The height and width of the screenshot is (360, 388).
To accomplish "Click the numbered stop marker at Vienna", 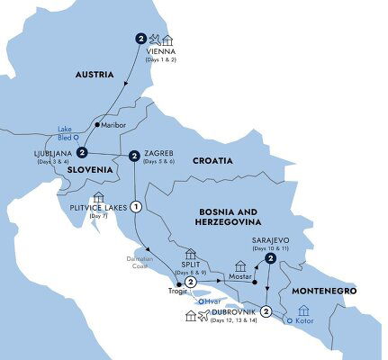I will tap(140, 38).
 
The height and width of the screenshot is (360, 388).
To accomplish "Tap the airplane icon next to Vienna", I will tap(155, 39).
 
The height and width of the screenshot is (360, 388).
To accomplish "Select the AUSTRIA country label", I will tap(92, 75).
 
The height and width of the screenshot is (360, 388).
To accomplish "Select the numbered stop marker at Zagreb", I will tap(134, 156).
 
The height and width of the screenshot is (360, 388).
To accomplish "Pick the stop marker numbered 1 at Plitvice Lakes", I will tap(136, 206).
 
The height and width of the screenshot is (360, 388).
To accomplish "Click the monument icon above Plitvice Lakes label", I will tap(98, 197).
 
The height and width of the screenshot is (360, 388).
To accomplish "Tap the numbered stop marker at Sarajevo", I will tap(269, 259).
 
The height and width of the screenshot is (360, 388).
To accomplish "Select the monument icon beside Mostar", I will tap(239, 267).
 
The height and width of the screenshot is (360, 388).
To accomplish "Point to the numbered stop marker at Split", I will tap(192, 282).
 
